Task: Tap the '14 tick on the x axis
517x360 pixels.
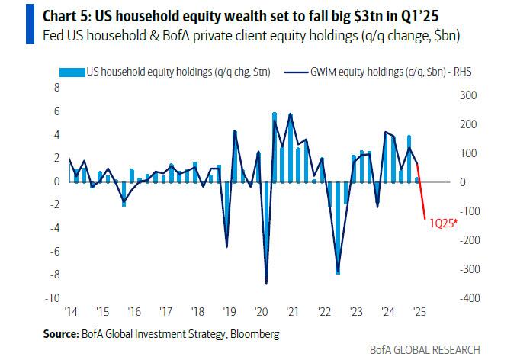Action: pos(71,311)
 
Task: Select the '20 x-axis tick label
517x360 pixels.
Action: pos(261,311)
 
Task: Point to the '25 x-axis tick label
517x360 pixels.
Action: pos(419,311)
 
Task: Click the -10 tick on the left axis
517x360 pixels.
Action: pos(53,297)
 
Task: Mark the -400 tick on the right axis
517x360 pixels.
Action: pos(467,297)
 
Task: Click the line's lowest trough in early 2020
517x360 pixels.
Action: pos(266,284)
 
